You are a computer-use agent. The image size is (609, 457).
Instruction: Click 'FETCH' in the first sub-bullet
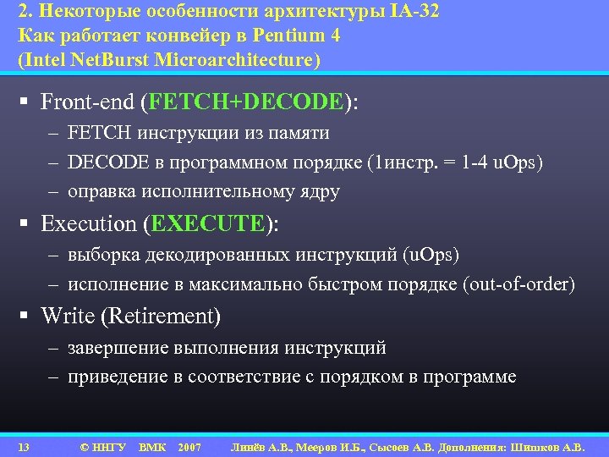click(95, 133)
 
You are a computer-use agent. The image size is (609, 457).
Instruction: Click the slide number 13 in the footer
click(24, 446)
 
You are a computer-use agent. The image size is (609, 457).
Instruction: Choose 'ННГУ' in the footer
click(109, 446)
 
